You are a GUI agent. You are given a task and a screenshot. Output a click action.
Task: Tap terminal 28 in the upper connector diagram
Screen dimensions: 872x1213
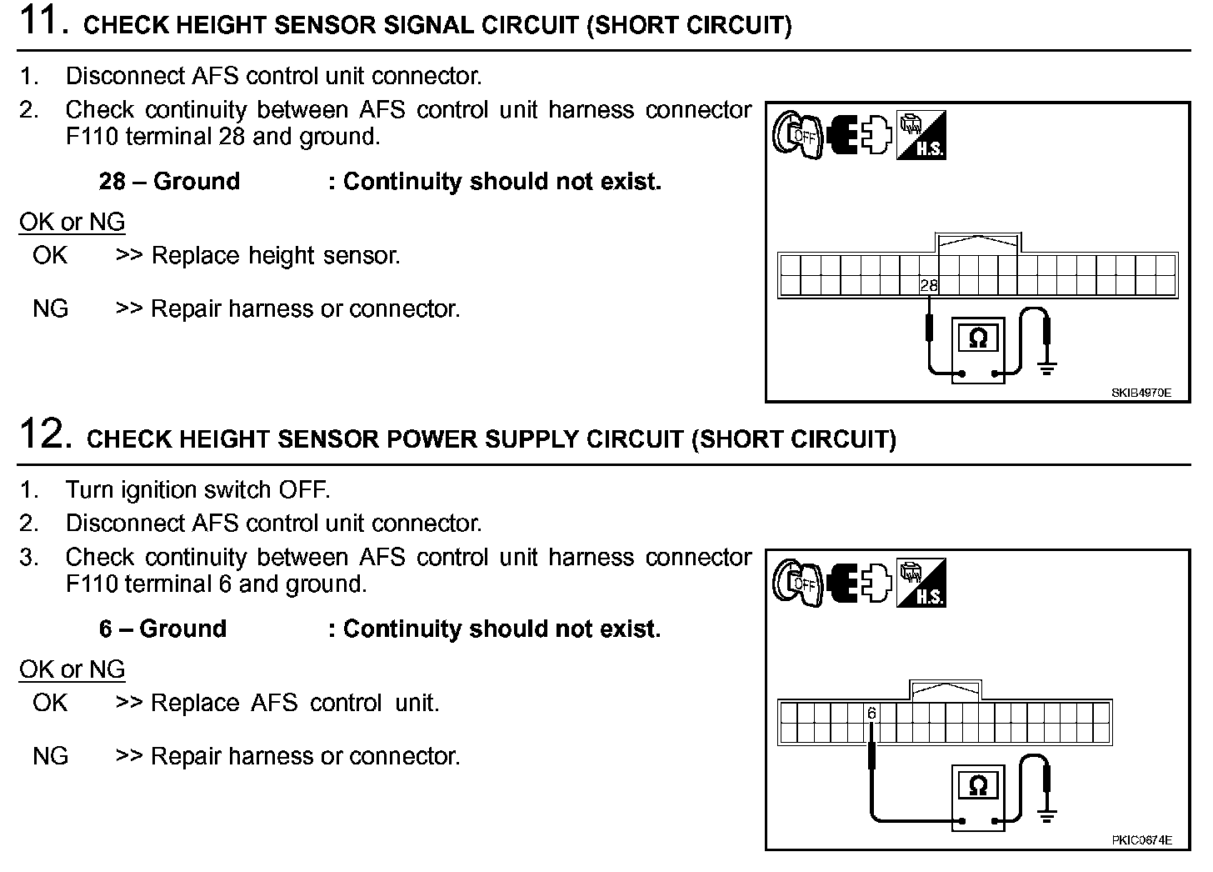click(x=928, y=285)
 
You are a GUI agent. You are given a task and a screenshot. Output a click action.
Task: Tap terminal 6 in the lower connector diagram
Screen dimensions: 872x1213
click(x=871, y=714)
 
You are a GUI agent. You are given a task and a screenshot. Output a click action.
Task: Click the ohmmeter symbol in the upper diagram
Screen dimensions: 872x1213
click(x=978, y=338)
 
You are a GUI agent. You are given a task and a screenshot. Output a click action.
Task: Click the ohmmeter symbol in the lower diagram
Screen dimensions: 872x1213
click(x=978, y=786)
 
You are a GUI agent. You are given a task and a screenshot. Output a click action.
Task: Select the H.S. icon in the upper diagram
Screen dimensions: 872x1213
click(x=921, y=135)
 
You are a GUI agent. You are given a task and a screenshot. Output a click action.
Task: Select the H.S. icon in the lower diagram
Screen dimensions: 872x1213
click(x=921, y=583)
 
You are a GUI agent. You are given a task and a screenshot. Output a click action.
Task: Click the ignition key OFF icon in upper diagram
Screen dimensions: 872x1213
click(x=797, y=135)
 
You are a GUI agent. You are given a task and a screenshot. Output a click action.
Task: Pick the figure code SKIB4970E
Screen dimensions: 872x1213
click(x=1141, y=393)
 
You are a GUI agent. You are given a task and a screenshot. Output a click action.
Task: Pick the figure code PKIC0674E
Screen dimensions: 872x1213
click(x=1141, y=840)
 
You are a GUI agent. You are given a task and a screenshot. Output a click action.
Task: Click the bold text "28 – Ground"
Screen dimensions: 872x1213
click(x=169, y=181)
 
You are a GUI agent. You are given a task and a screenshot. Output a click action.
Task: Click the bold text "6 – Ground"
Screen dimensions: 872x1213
click(x=162, y=629)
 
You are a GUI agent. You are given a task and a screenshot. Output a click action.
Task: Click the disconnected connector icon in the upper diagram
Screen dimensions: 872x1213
click(x=859, y=135)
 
